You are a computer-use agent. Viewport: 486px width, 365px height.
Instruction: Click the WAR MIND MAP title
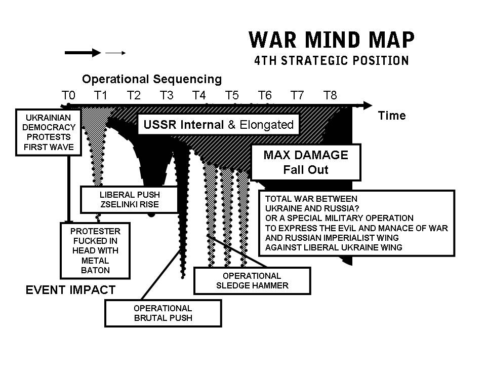click(x=332, y=40)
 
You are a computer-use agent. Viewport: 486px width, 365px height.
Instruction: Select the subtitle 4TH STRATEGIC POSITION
click(x=331, y=61)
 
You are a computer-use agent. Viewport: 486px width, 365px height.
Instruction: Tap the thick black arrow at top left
click(x=83, y=52)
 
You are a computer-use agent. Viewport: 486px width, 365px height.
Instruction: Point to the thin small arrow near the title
click(x=115, y=52)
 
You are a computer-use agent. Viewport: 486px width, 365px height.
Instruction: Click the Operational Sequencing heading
click(x=152, y=79)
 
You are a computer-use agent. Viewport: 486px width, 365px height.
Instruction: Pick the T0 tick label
click(x=68, y=95)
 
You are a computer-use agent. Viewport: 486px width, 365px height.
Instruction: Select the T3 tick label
click(x=167, y=95)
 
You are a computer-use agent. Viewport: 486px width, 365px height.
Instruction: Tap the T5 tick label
click(x=232, y=95)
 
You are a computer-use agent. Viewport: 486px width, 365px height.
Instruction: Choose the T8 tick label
click(x=330, y=95)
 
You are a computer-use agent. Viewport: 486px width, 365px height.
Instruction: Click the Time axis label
click(x=392, y=116)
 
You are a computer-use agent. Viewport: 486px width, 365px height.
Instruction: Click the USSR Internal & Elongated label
click(x=219, y=125)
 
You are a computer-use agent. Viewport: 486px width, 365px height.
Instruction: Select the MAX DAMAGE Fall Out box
click(x=306, y=162)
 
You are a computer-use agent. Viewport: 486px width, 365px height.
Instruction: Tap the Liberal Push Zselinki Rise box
click(x=130, y=200)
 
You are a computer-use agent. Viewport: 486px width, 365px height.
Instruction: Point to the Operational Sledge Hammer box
click(x=252, y=280)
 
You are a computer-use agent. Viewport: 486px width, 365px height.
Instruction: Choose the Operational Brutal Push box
click(x=163, y=313)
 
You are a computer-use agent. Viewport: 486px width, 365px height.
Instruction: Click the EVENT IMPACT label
click(x=70, y=290)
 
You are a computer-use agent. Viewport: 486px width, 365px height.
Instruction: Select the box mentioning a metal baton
click(x=95, y=250)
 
